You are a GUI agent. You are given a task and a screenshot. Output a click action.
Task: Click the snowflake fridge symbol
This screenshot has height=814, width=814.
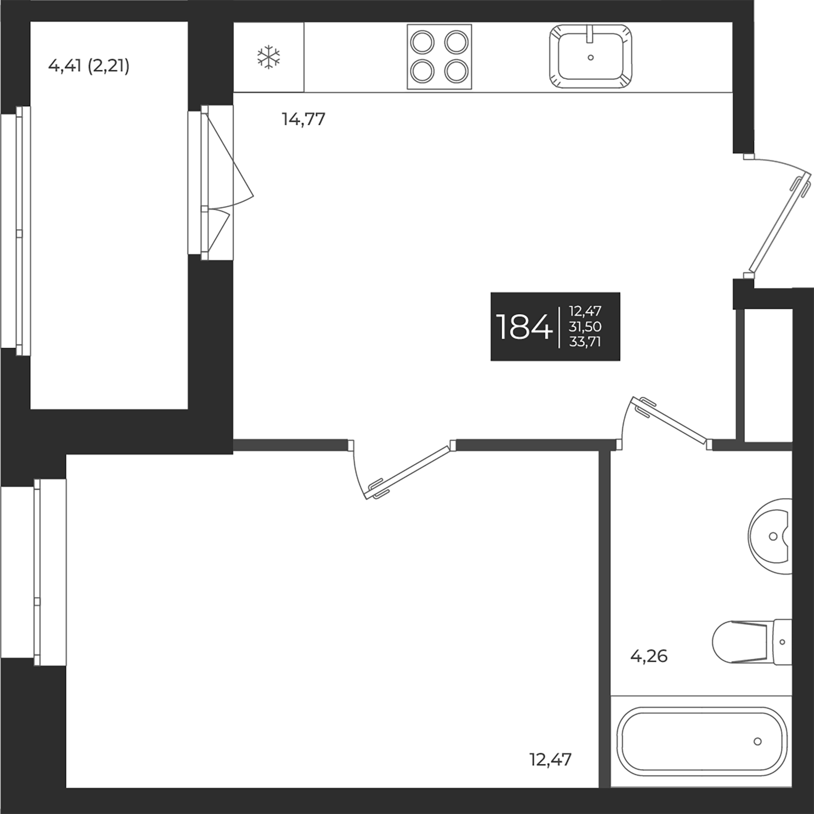269,57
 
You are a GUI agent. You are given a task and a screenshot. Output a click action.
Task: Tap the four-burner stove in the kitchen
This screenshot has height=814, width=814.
439,57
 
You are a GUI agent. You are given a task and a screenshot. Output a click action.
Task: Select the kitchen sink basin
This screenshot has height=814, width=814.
591,57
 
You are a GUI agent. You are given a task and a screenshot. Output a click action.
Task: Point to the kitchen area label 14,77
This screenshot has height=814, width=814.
303,120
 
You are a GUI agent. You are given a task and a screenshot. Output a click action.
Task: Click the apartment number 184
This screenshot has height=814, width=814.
524,327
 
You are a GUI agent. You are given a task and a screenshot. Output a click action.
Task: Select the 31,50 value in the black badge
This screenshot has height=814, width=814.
585,327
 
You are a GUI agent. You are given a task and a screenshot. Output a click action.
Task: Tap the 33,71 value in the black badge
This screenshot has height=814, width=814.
585,342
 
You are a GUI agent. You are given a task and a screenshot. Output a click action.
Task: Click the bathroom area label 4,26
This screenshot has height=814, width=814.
649,656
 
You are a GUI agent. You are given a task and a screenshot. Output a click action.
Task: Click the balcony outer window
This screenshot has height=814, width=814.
19,231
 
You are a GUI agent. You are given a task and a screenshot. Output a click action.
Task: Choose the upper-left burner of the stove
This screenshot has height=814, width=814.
422,43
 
